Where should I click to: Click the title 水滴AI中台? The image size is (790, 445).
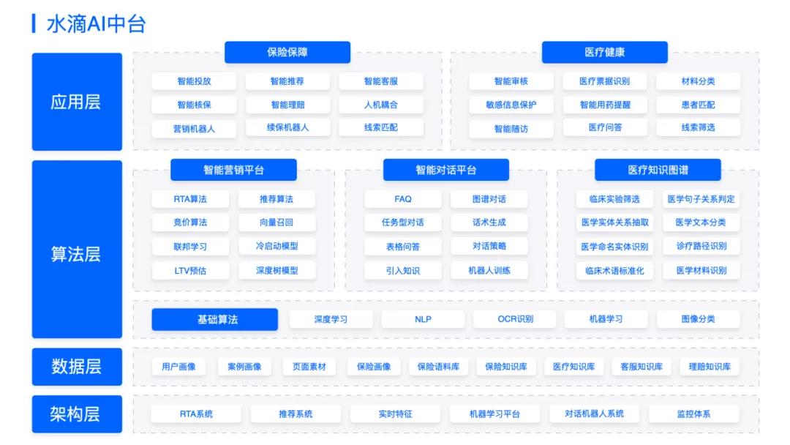pyautogui.click(x=97, y=24)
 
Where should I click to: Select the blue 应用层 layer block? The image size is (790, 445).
pyautogui.click(x=77, y=102)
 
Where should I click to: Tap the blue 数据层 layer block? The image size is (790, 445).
pyautogui.click(x=77, y=367)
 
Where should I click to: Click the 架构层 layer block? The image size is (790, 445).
pyautogui.click(x=77, y=414)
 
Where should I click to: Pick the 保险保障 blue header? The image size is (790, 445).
pyautogui.click(x=287, y=52)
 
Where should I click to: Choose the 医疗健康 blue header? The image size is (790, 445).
pyautogui.click(x=605, y=52)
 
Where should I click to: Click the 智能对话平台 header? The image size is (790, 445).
pyautogui.click(x=446, y=170)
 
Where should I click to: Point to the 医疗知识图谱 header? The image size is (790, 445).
pyautogui.click(x=658, y=170)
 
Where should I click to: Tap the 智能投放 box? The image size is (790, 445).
pyautogui.click(x=194, y=81)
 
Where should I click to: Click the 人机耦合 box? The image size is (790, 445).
pyautogui.click(x=381, y=105)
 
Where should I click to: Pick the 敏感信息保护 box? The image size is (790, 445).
pyautogui.click(x=511, y=105)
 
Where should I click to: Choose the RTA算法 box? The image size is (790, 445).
pyautogui.click(x=190, y=199)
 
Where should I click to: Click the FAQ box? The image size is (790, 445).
pyautogui.click(x=402, y=199)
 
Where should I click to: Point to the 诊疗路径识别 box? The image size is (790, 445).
pyautogui.click(x=701, y=246)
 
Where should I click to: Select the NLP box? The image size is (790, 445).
pyautogui.click(x=423, y=319)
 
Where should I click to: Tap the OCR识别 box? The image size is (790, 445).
pyautogui.click(x=515, y=319)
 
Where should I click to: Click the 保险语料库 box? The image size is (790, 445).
pyautogui.click(x=438, y=367)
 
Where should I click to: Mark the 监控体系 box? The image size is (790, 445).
pyautogui.click(x=693, y=414)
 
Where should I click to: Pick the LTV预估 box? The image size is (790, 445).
pyautogui.click(x=190, y=271)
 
